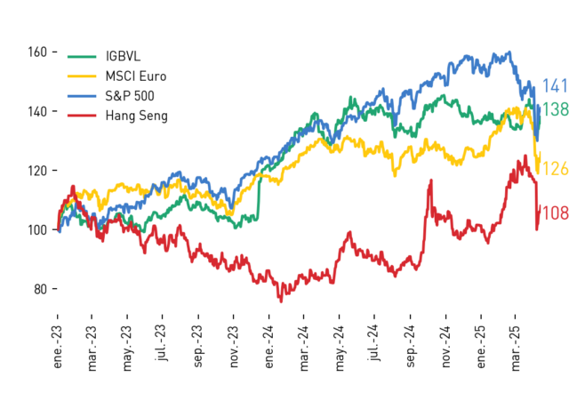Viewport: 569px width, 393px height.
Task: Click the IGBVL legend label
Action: coord(123,56)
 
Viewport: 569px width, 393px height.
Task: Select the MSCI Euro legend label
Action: coord(136,76)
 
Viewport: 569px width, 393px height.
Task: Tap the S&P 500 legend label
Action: coord(130,96)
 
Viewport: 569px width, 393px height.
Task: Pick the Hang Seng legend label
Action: coord(136,116)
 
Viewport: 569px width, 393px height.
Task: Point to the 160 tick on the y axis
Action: coord(37,52)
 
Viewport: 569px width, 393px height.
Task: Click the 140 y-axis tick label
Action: coord(37,111)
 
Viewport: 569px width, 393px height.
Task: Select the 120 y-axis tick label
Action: coord(37,171)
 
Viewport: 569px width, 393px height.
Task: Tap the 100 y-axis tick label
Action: coord(37,229)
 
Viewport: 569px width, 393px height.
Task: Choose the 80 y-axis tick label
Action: coord(41,289)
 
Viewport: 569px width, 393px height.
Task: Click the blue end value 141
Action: coord(555,86)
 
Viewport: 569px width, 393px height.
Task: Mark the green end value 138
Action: coord(555,109)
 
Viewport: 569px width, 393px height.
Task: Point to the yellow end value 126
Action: coord(555,169)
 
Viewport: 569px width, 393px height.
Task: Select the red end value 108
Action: coord(555,213)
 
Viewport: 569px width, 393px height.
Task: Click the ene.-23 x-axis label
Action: coord(57,348)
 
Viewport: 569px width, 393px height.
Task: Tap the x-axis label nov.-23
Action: coord(234,347)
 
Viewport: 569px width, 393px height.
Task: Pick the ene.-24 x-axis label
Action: coord(268,348)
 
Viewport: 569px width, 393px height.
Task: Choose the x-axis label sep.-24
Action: coord(410,346)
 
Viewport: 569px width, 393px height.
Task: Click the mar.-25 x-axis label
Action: coord(516,349)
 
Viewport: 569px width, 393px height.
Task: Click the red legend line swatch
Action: coord(82,116)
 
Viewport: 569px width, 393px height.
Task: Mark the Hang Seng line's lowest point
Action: coord(281,301)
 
